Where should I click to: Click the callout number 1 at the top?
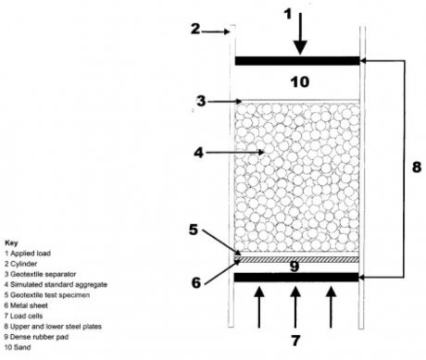point(289,13)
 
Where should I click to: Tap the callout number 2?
point(195,29)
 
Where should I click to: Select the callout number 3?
point(199,100)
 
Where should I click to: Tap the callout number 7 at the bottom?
point(295,339)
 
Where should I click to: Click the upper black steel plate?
point(297,60)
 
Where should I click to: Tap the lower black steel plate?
point(297,277)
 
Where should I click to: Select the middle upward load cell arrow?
point(295,303)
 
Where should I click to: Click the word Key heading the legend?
point(11,242)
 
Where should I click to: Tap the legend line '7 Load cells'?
point(22,309)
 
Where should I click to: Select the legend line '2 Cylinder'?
point(20,262)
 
